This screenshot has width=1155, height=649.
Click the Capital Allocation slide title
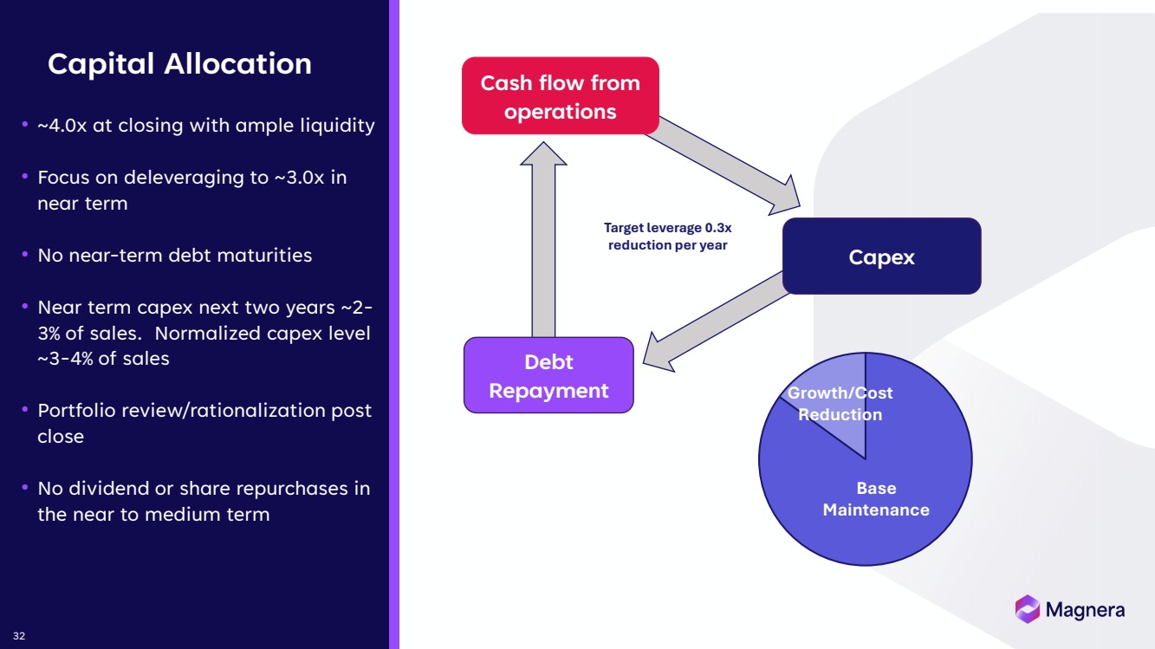[179, 64]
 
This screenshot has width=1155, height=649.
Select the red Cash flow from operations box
[560, 96]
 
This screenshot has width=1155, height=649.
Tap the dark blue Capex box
[881, 256]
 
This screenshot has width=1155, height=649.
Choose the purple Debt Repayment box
[548, 375]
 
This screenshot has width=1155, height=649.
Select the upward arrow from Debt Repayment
[543, 243]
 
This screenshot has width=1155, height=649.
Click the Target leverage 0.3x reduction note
[667, 237]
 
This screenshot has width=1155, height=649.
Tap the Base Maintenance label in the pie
[876, 498]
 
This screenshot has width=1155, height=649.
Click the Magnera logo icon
[1027, 609]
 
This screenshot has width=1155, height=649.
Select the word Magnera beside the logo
[1085, 610]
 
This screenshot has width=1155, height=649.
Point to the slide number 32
[19, 636]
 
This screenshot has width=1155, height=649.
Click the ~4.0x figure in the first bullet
[62, 126]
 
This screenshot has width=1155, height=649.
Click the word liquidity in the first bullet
[335, 126]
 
